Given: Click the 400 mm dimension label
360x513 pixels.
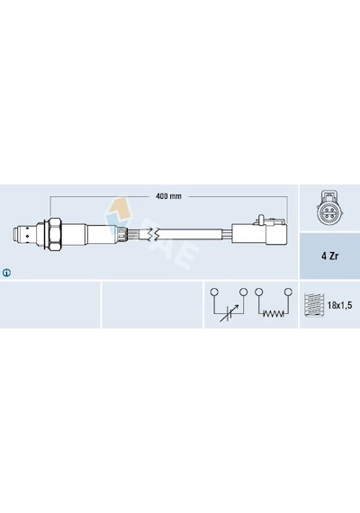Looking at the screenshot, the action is coord(168,196).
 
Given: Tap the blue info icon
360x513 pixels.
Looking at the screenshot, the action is coord(6,272).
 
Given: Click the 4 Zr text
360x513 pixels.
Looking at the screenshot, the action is coord(329,256).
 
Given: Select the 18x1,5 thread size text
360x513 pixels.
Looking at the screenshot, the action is coord(339,306).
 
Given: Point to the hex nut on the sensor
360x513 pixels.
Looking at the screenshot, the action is coord(54,233).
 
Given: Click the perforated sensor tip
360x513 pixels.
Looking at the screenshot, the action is coord(25,234).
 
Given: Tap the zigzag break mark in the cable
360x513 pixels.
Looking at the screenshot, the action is coord(153,234).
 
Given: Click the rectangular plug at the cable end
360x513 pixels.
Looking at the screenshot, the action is coord(259,234).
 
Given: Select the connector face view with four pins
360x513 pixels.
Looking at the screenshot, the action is coord(328,208).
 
